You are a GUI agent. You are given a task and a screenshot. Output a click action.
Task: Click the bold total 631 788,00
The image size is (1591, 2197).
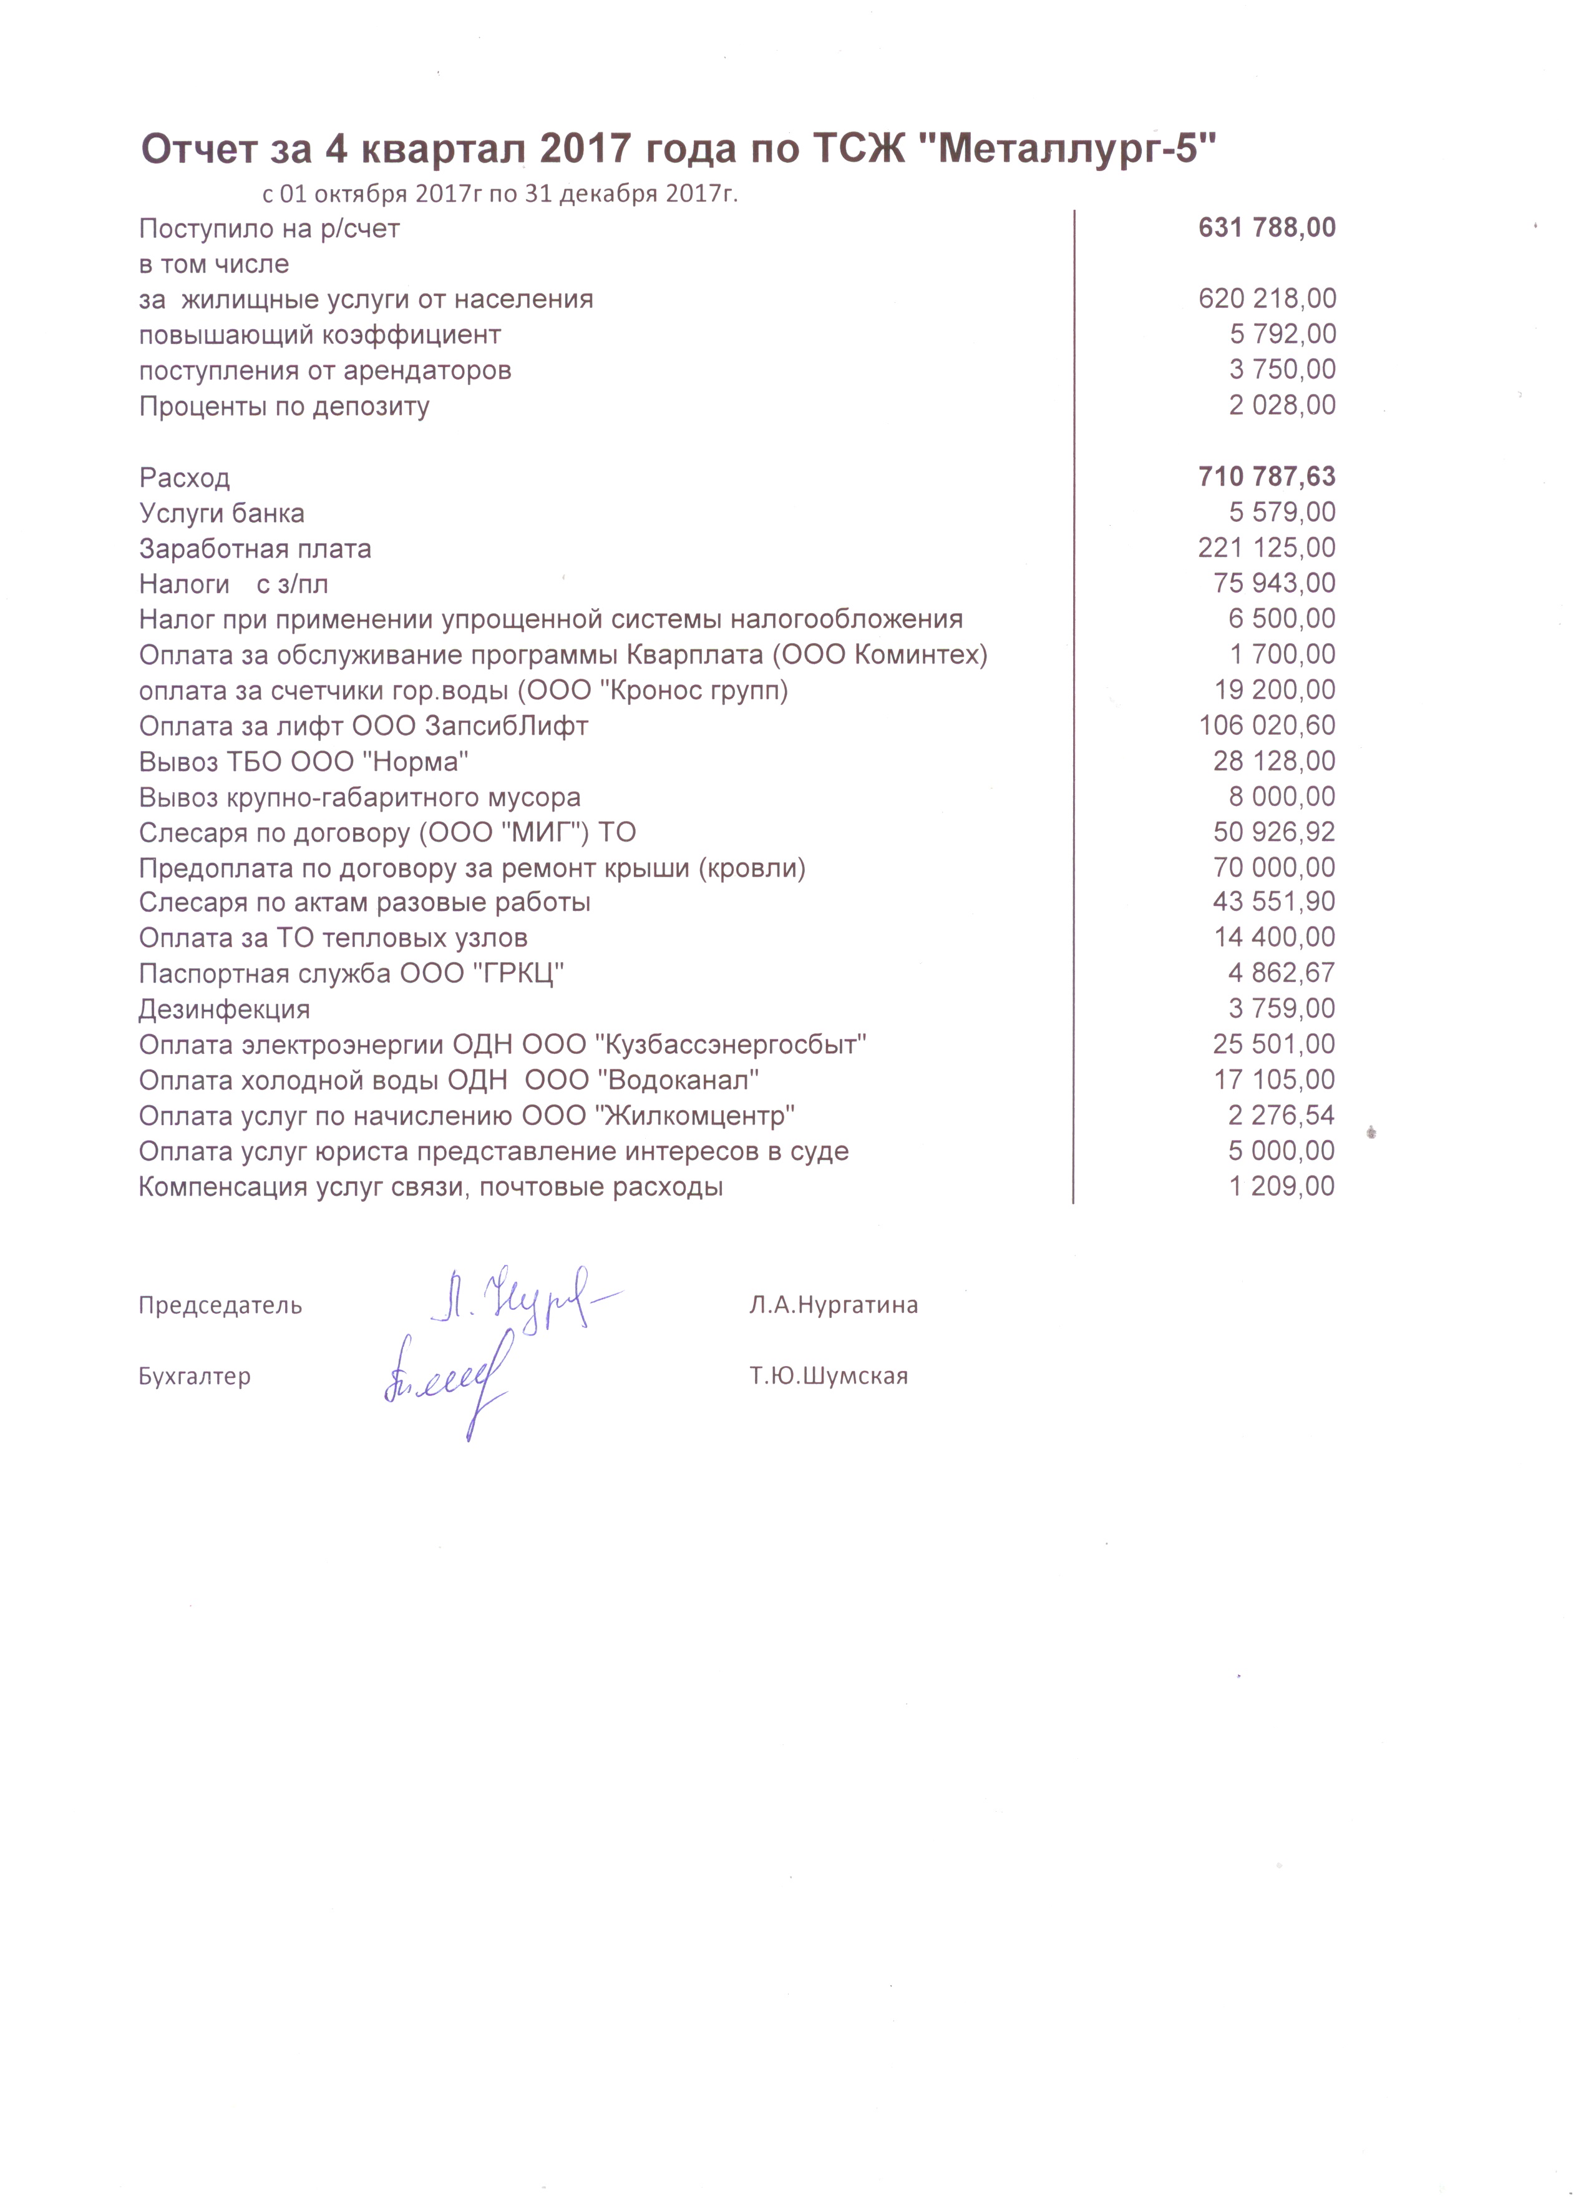[x=1267, y=228]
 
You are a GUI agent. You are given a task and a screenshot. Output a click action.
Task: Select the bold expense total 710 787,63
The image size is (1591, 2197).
[x=1267, y=476]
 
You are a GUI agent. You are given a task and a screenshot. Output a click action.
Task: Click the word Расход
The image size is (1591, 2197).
[x=184, y=478]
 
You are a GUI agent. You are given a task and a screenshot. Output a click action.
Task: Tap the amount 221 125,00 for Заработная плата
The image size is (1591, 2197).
[x=1267, y=548]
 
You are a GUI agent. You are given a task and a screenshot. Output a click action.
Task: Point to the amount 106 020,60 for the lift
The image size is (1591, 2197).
[x=1267, y=725]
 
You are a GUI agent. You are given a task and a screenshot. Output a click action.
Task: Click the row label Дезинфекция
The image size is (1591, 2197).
[x=224, y=1010]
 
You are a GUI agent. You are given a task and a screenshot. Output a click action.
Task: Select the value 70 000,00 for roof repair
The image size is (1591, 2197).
[x=1273, y=867]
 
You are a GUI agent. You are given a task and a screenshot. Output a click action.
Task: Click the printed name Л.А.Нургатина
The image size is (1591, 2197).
[x=833, y=1305]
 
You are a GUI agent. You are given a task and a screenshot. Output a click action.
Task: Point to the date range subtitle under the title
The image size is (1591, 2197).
[x=500, y=194]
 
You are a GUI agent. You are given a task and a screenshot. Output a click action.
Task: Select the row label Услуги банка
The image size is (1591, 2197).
[x=221, y=513]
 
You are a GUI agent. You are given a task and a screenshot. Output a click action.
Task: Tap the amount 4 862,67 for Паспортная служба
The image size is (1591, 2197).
[x=1281, y=973]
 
